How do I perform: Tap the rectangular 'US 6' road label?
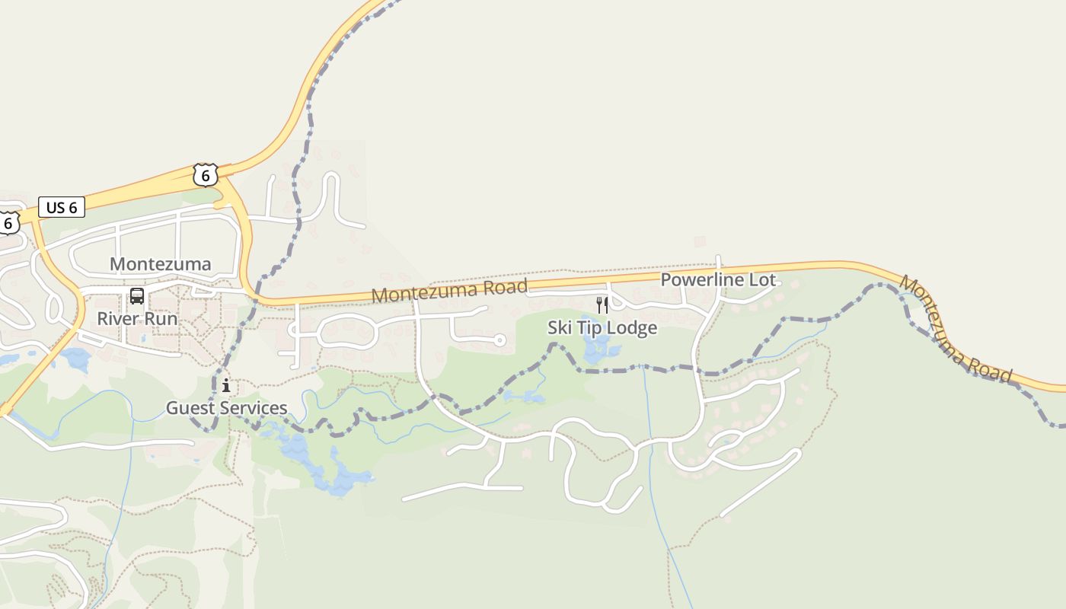click(x=61, y=207)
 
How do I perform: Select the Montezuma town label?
click(x=160, y=264)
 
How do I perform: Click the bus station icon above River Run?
click(x=137, y=296)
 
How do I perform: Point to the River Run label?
click(x=137, y=318)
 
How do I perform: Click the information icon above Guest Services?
click(x=226, y=386)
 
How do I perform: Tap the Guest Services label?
click(x=227, y=408)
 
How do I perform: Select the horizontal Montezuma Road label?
click(x=449, y=290)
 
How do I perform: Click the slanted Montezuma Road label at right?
click(x=956, y=329)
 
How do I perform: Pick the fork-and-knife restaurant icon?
click(x=602, y=305)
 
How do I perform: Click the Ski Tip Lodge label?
click(x=602, y=328)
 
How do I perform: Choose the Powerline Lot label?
click(x=718, y=279)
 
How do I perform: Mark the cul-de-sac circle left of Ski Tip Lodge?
click(x=499, y=340)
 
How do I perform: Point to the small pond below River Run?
click(x=77, y=358)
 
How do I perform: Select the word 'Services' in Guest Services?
click(x=254, y=408)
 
